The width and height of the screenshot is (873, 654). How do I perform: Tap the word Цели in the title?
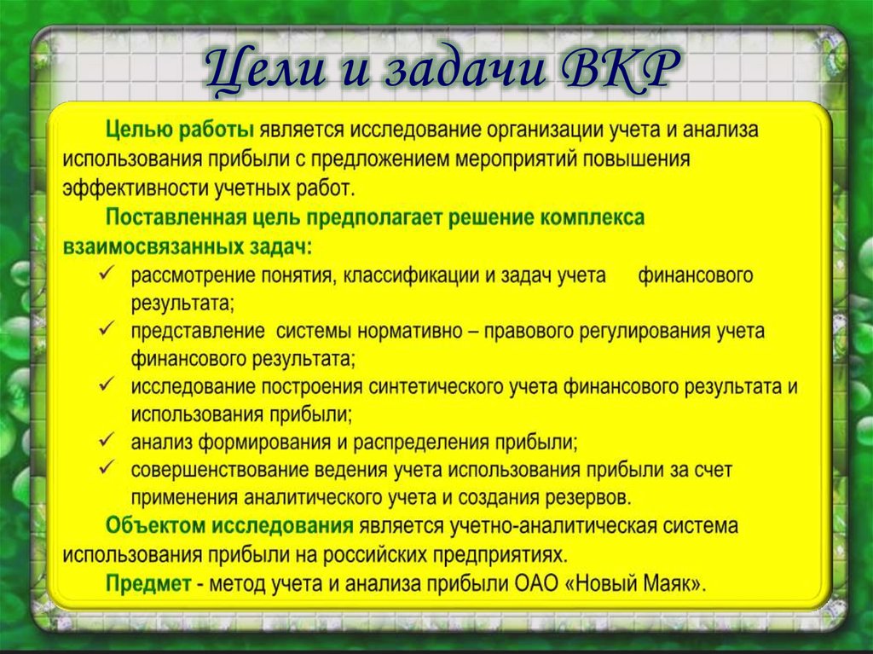coord(265,70)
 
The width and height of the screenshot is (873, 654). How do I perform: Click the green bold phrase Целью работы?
coord(180,130)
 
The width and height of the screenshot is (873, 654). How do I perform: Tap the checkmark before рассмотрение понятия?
coord(107,273)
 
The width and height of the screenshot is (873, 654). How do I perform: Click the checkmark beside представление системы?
coord(107,328)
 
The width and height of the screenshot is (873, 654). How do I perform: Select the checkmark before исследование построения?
coord(107,385)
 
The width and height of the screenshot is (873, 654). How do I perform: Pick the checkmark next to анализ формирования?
coord(107,440)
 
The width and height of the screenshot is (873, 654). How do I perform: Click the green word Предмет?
coord(148,584)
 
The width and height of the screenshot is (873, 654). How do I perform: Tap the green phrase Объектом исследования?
coord(229,526)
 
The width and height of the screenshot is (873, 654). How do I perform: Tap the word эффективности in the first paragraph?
coord(136,188)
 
